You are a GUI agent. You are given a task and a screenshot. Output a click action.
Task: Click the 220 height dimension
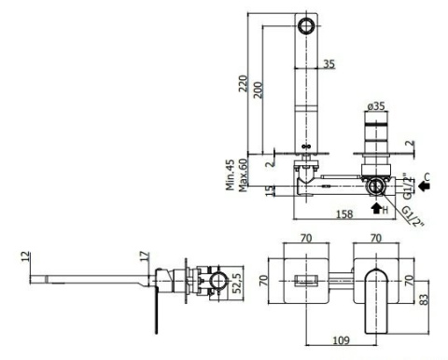click(243, 83)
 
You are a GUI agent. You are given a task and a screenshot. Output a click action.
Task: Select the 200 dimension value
click(258, 90)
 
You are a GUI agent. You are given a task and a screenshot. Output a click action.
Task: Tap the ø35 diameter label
click(376, 106)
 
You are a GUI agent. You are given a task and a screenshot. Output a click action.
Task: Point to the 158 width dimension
click(344, 214)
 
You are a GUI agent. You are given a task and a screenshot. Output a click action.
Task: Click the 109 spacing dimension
click(341, 340)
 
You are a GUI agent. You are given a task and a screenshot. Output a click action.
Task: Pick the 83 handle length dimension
click(424, 299)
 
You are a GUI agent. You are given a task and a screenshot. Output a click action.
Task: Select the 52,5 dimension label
click(238, 284)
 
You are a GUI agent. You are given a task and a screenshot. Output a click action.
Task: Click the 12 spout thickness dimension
click(26, 256)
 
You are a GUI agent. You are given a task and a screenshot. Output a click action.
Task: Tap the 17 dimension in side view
click(145, 256)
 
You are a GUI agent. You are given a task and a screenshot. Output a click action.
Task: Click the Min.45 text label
click(231, 174)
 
